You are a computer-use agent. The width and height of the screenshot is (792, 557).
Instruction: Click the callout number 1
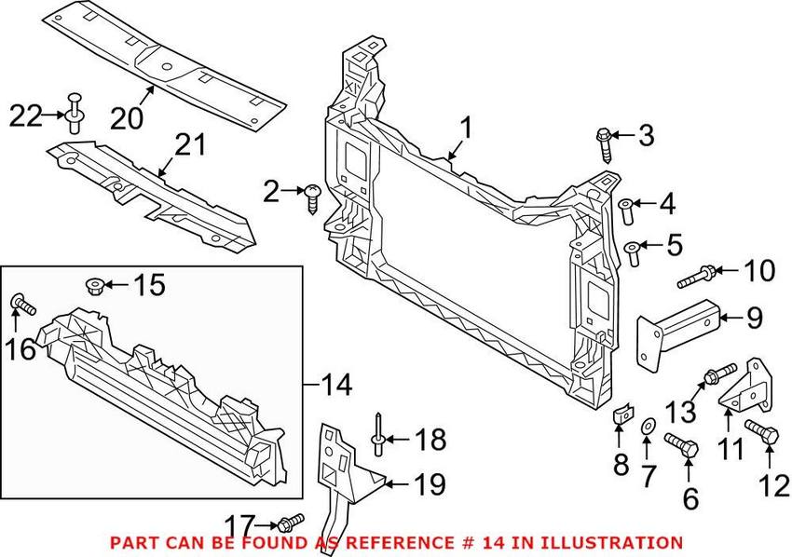[x=466, y=128]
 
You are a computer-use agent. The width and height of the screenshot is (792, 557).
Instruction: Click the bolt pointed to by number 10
[x=698, y=275]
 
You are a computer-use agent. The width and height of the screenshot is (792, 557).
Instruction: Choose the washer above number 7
[x=644, y=428]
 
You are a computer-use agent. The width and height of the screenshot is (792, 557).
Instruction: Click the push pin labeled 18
[x=380, y=438]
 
